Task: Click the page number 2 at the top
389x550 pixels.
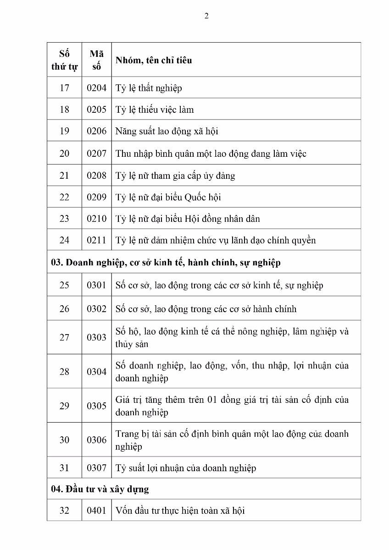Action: [x=206, y=16]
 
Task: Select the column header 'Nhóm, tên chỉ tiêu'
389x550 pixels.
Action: [x=154, y=60]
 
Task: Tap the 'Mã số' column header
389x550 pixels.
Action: [x=96, y=60]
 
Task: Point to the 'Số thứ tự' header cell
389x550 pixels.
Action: [x=64, y=60]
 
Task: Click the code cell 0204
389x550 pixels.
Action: [x=96, y=88]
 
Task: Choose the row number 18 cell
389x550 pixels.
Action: [x=64, y=110]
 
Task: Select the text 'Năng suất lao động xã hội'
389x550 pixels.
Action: [x=167, y=131]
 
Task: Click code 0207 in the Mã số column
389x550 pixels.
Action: [x=96, y=154]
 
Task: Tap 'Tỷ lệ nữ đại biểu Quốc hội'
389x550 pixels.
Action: [x=168, y=197]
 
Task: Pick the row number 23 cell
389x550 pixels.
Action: [x=64, y=219]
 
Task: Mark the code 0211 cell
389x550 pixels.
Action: [x=96, y=240]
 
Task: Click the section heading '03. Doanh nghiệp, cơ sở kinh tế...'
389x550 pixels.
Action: [x=166, y=263]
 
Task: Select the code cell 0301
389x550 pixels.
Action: [x=96, y=285]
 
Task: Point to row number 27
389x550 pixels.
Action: [x=64, y=337]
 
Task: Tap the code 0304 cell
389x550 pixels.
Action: [x=96, y=372]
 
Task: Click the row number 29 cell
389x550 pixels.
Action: [x=64, y=406]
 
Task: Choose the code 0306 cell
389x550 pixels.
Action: [x=96, y=440]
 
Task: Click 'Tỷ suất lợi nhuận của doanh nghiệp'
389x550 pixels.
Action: [x=185, y=468]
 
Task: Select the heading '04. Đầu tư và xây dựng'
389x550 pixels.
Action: [x=100, y=489]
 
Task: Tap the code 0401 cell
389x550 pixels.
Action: [x=96, y=510]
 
